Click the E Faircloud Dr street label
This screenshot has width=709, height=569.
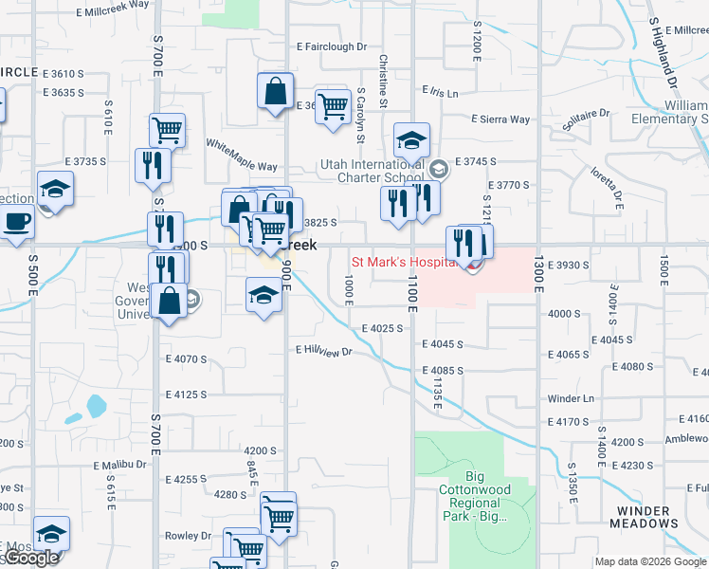pos(331,46)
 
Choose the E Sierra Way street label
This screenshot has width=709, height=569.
pos(500,119)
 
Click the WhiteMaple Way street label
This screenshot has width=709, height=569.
pos(242,155)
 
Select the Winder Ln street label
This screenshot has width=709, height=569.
pos(570,398)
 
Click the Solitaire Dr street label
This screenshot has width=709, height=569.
pos(590,119)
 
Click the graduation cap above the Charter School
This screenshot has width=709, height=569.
pos(411,140)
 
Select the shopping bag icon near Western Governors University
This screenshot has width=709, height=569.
pos(169,302)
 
